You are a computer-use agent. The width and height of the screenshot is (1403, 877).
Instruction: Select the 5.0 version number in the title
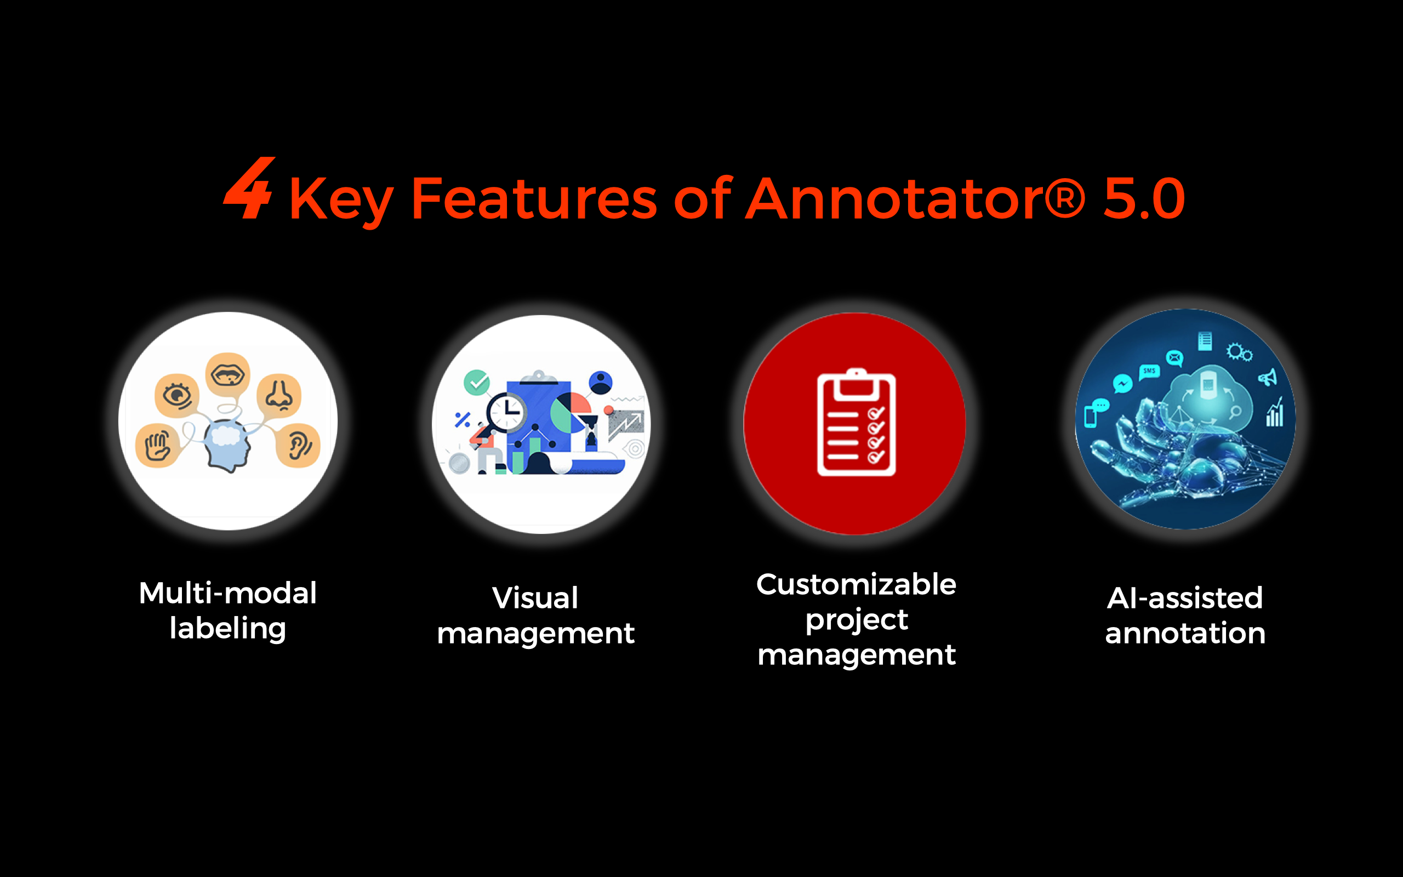(1144, 198)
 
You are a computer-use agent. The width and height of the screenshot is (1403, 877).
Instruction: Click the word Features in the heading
(534, 198)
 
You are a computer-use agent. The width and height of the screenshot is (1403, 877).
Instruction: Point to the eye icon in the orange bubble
(177, 396)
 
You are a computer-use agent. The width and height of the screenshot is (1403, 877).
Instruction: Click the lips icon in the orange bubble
(229, 375)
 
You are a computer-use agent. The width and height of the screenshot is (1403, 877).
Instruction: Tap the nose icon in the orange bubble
(279, 396)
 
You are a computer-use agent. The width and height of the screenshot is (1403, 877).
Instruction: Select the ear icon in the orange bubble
(299, 446)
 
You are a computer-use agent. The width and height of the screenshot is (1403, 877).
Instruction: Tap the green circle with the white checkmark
(477, 383)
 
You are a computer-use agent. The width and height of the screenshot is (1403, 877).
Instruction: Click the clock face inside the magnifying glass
(507, 412)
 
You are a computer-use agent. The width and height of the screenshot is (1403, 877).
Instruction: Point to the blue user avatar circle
(600, 383)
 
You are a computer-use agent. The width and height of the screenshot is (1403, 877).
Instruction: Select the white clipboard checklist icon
(856, 422)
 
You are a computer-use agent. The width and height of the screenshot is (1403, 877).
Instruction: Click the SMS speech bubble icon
(1149, 371)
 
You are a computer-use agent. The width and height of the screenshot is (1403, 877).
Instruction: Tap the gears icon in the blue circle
(1239, 352)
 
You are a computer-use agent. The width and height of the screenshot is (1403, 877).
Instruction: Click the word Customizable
(856, 585)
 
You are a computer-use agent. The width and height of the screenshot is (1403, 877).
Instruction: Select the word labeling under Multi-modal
(228, 629)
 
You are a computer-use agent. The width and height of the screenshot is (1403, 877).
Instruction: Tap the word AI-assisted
(1184, 598)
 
